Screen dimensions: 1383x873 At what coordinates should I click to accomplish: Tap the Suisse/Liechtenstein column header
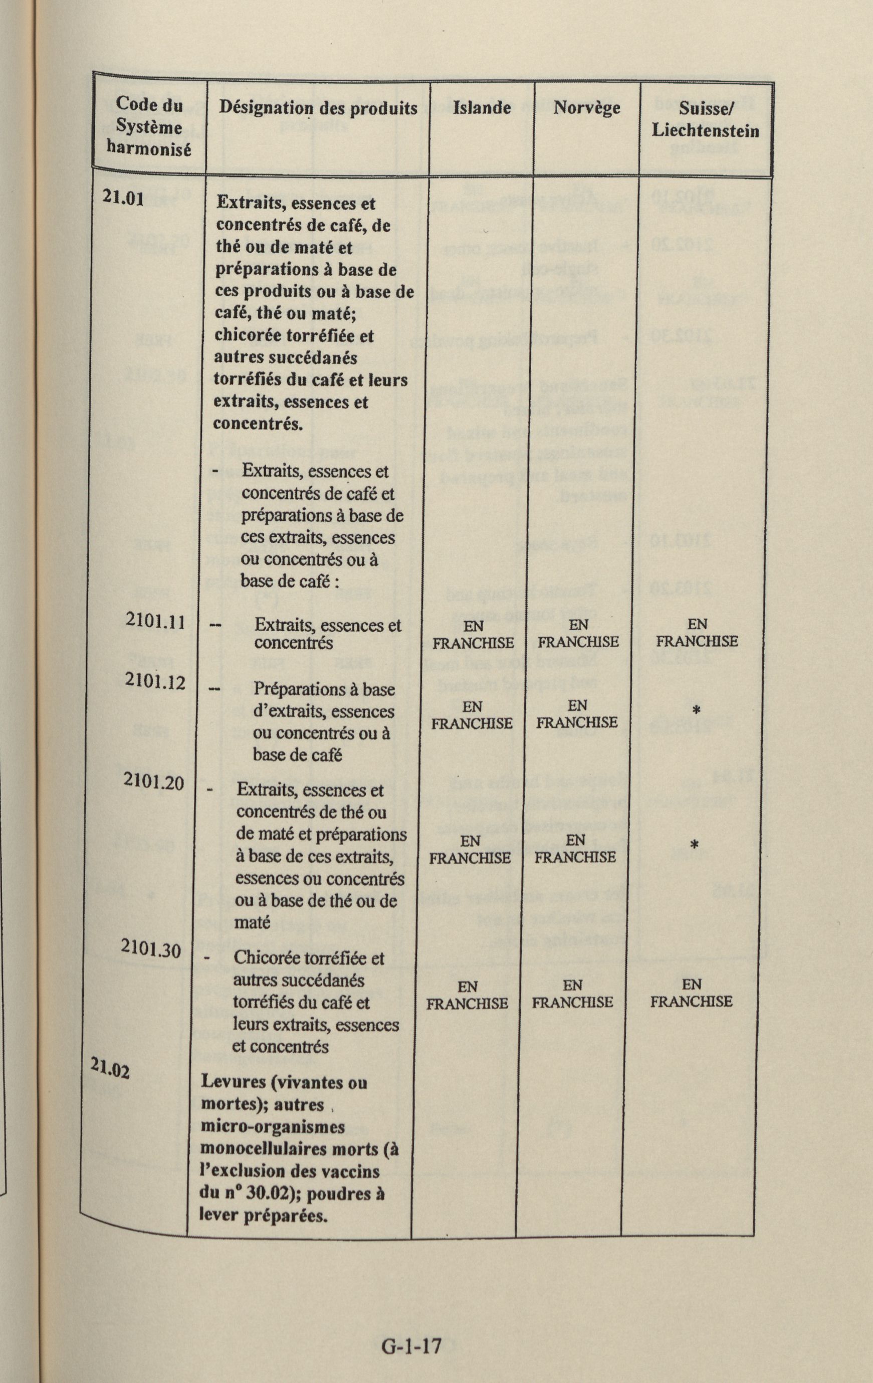(705, 119)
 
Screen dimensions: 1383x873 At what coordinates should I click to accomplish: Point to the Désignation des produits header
(318, 107)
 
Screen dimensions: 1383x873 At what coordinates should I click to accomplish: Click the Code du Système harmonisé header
(149, 126)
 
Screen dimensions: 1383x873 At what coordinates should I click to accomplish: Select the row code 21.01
(122, 196)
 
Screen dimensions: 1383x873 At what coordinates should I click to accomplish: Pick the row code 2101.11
(154, 622)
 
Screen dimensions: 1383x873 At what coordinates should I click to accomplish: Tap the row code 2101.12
(154, 682)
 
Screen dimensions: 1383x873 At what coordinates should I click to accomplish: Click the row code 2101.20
(153, 781)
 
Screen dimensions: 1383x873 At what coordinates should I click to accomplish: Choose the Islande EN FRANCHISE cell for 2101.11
(473, 634)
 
